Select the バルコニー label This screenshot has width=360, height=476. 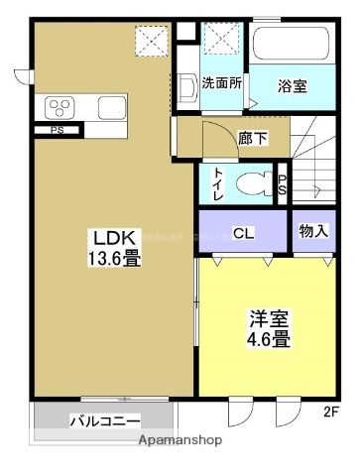[104, 420]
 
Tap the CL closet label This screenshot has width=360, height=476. [242, 234]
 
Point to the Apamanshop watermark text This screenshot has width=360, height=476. [180, 439]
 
